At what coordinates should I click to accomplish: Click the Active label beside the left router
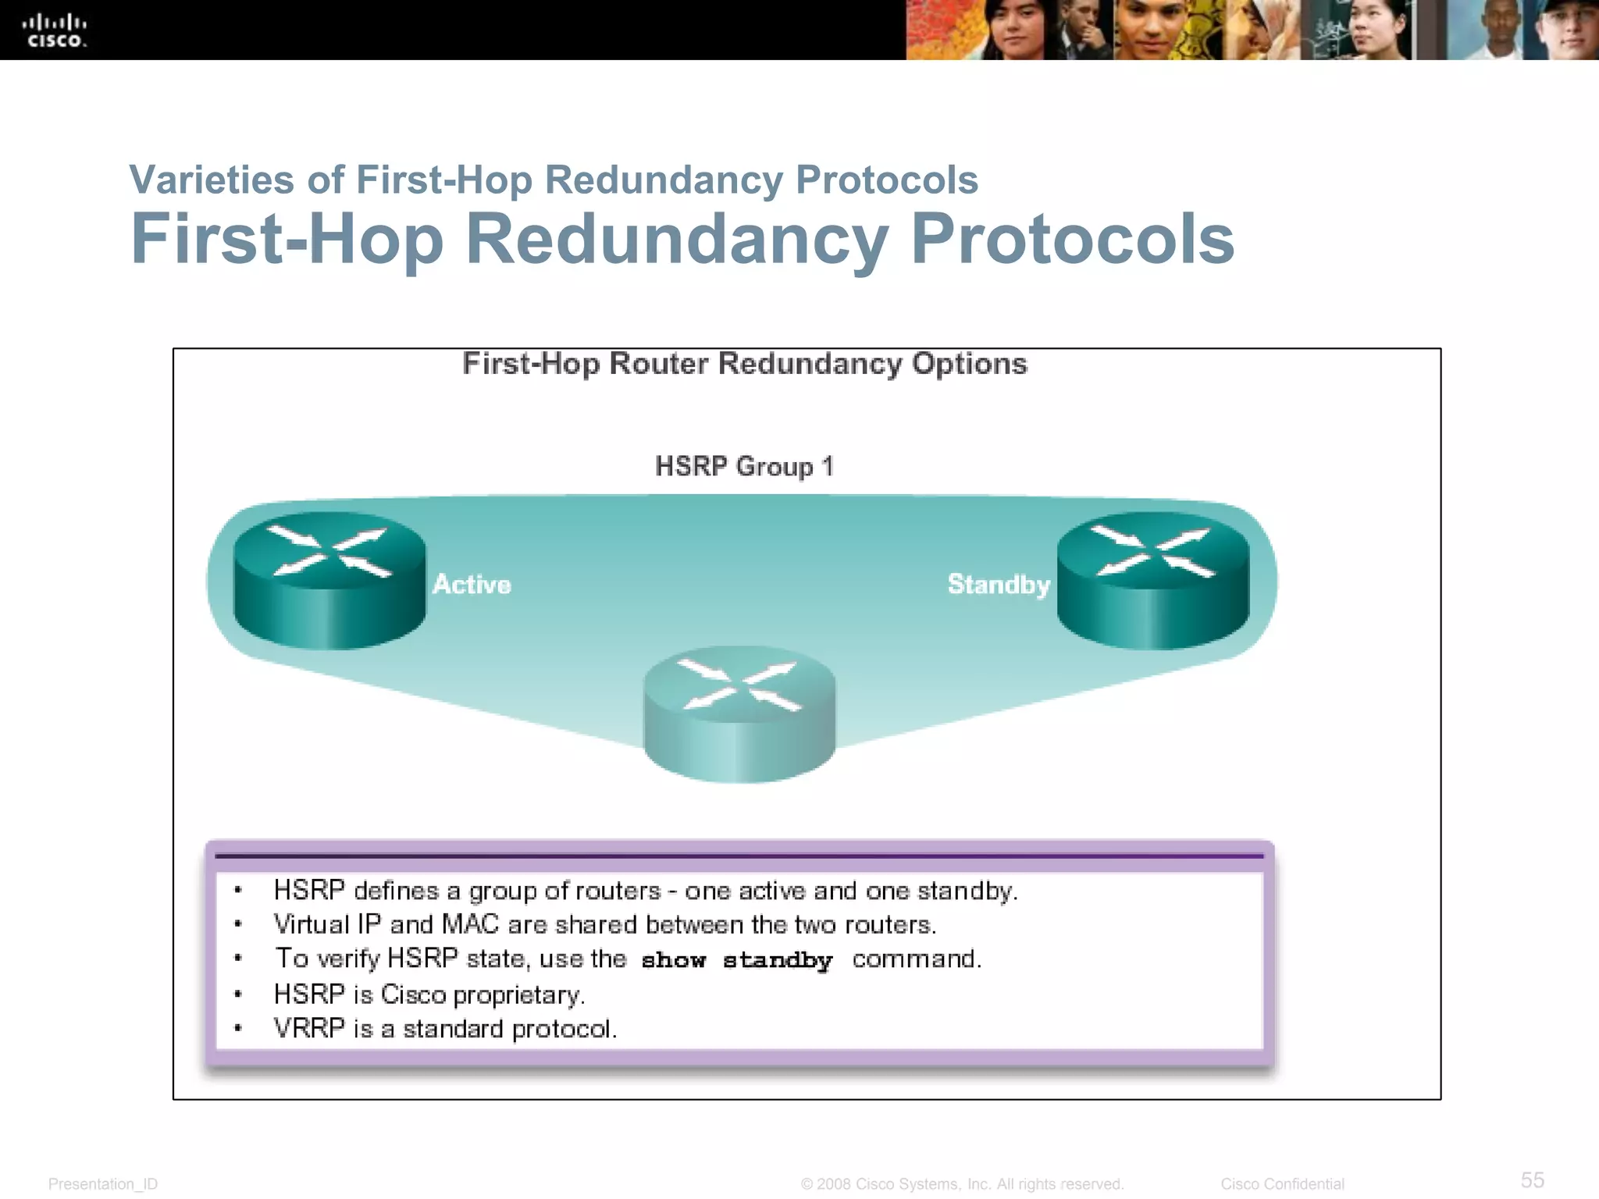coord(472,585)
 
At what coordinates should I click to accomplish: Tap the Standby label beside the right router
coord(999,585)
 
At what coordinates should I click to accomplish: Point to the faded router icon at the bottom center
coord(739,713)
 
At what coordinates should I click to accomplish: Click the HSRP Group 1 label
coord(744,467)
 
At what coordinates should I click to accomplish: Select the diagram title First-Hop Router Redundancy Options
coord(744,365)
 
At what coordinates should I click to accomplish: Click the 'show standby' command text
coord(737,960)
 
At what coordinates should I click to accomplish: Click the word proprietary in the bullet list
coord(518,995)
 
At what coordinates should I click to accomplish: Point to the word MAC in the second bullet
coord(470,925)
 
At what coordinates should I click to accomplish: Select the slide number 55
coord(1532,1179)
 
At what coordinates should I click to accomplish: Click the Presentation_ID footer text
coord(103,1184)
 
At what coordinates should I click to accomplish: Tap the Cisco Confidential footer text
coord(1282,1184)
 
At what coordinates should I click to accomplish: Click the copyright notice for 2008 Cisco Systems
coord(962,1184)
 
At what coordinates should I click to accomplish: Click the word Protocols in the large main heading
coord(1072,239)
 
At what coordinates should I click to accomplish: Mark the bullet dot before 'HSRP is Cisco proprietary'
coord(238,995)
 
